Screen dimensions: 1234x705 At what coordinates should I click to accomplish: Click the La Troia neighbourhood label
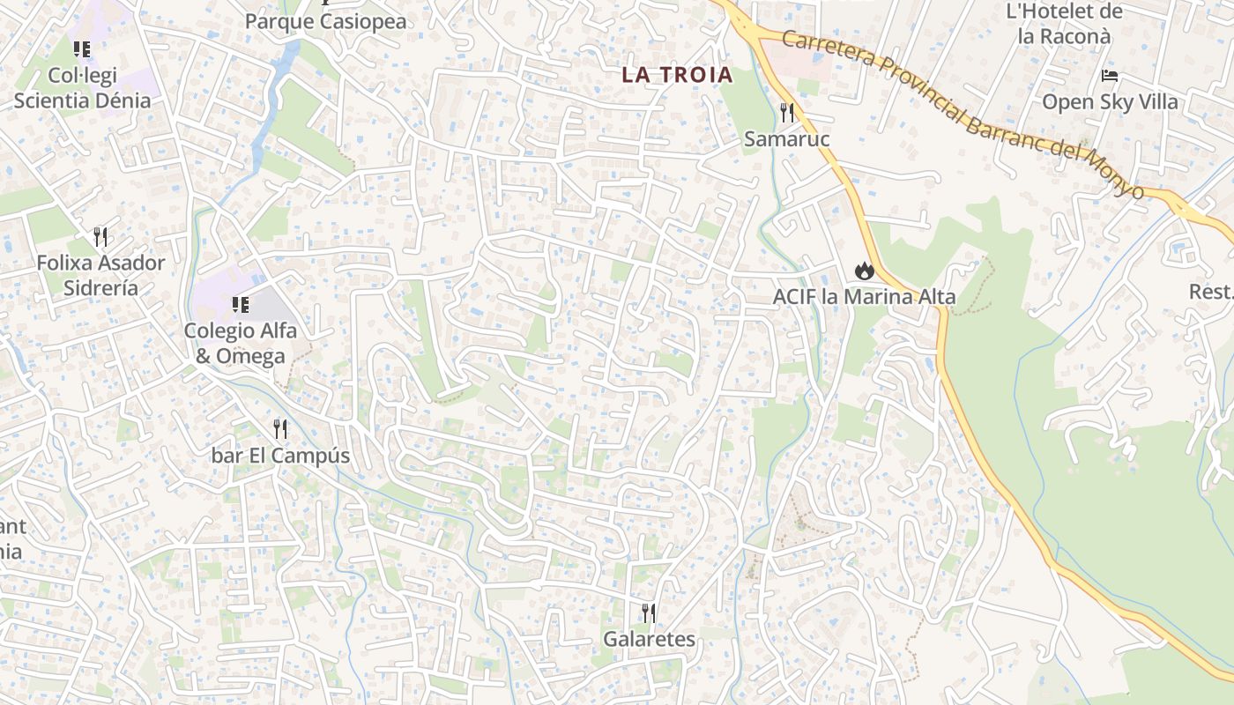pos(677,75)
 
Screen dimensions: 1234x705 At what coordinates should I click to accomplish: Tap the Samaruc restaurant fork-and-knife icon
pos(787,113)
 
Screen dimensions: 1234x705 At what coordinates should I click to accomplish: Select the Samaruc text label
pos(787,139)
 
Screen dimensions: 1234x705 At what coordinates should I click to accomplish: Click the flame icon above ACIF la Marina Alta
pos(864,271)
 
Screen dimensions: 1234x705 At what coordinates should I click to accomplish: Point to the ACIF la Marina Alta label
pos(864,297)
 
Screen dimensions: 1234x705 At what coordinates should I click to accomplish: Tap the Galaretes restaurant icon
pos(649,613)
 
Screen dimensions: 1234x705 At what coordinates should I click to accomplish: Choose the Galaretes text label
pos(649,639)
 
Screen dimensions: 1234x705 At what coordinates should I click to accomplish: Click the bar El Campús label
pos(280,456)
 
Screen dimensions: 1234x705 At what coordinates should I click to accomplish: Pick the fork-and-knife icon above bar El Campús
pos(280,429)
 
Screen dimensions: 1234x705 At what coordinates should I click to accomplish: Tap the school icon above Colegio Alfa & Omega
pos(240,305)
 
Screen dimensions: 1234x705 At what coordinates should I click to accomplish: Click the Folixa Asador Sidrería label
pos(100,275)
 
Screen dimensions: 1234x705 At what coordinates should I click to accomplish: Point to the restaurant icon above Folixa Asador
pos(100,236)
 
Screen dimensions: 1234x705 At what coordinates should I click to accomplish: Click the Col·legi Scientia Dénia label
pos(82,88)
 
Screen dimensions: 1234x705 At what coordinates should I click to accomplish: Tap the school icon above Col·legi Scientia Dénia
pos(82,49)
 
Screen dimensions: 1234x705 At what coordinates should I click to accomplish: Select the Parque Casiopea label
pos(326,21)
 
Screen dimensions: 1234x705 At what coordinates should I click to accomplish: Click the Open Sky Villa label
pos(1110,101)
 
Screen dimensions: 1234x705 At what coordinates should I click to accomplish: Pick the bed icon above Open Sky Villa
pos(1110,76)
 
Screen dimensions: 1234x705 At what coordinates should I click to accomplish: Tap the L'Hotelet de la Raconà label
pos(1064,24)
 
